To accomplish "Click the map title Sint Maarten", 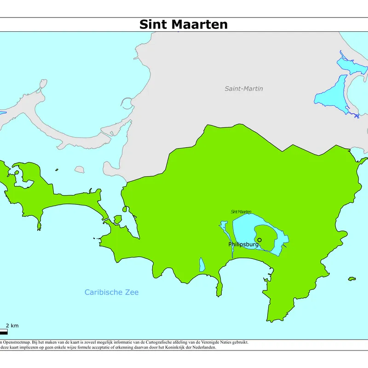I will coord(184,24).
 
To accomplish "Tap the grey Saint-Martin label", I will coord(244,88).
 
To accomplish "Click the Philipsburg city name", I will coord(243,244).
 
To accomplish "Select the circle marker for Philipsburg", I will coord(259,240).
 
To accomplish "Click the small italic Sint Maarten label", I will coord(241,212).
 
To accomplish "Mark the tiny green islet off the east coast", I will coord(352,278).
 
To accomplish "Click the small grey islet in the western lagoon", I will coord(79,169).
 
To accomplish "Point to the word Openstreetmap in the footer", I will coord(16,342).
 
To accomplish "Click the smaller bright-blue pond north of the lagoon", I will coord(351,64).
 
